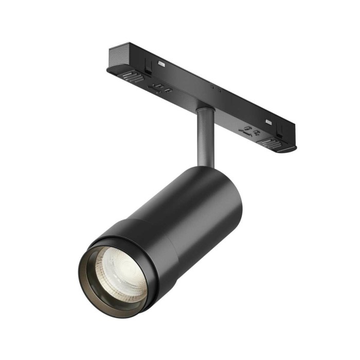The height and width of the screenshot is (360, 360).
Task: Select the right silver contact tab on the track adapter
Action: [268, 122]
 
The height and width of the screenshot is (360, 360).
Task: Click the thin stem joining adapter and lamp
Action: [204, 136]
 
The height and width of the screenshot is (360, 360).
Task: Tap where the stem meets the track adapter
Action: [204, 109]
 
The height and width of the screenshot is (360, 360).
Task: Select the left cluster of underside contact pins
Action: [160, 87]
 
